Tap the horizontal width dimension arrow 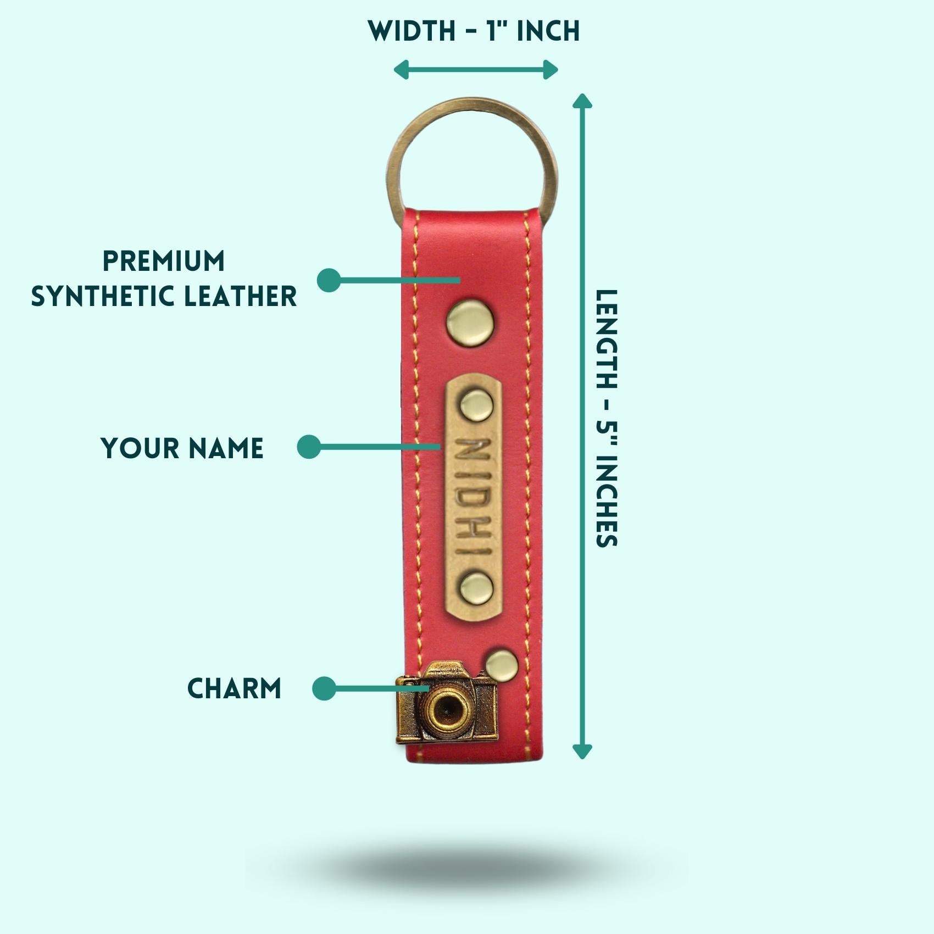click(476, 70)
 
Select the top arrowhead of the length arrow click(582, 101)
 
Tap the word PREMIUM click(164, 261)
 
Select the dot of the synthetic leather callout click(329, 280)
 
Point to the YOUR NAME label click(182, 448)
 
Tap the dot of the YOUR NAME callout click(309, 447)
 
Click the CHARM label click(235, 688)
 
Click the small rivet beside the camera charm click(502, 663)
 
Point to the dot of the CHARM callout click(324, 688)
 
